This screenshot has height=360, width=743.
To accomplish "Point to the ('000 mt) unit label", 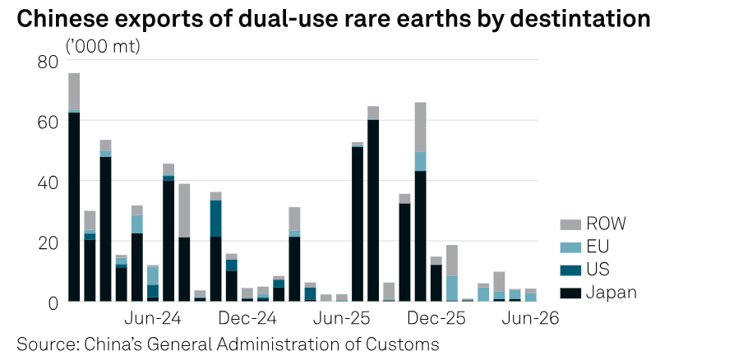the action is point(103,47).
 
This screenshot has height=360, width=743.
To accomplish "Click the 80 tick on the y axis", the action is point(48,62).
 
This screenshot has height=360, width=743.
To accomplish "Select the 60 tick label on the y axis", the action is point(48,122).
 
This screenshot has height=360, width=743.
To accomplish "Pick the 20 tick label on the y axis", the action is point(48,242).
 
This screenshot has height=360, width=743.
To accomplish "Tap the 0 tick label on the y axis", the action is point(53,302).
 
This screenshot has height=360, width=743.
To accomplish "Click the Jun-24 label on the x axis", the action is point(153,318).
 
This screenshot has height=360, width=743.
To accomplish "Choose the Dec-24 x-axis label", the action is point(247,318).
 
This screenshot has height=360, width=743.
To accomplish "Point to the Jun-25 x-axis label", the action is point(341,318).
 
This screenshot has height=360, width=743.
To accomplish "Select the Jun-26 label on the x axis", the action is point(531,318).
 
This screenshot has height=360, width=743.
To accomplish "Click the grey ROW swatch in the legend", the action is point(570,224).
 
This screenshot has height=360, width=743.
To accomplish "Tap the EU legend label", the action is point(598,247).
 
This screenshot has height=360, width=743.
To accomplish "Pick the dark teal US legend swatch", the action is point(570,270).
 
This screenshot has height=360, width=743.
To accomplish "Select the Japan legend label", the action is point(611,293).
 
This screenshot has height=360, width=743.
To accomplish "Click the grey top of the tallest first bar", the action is point(74,91).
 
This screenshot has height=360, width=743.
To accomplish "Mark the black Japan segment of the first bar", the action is point(74,206).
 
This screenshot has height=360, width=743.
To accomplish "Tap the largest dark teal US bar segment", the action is point(215,219).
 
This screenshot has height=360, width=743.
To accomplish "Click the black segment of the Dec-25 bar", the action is point(436,283).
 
